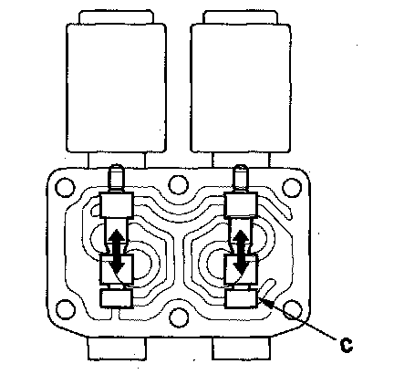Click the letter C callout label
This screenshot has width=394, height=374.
tap(346, 345)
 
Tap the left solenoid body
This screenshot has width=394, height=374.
tap(116, 88)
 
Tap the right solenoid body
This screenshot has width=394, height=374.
tap(241, 88)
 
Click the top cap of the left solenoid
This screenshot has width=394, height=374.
tap(116, 16)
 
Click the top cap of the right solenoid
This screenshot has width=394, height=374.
tap(241, 16)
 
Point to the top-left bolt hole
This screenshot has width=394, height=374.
tap(65, 187)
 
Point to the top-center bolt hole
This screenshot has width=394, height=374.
tap(179, 185)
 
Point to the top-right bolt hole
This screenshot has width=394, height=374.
tap(292, 187)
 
